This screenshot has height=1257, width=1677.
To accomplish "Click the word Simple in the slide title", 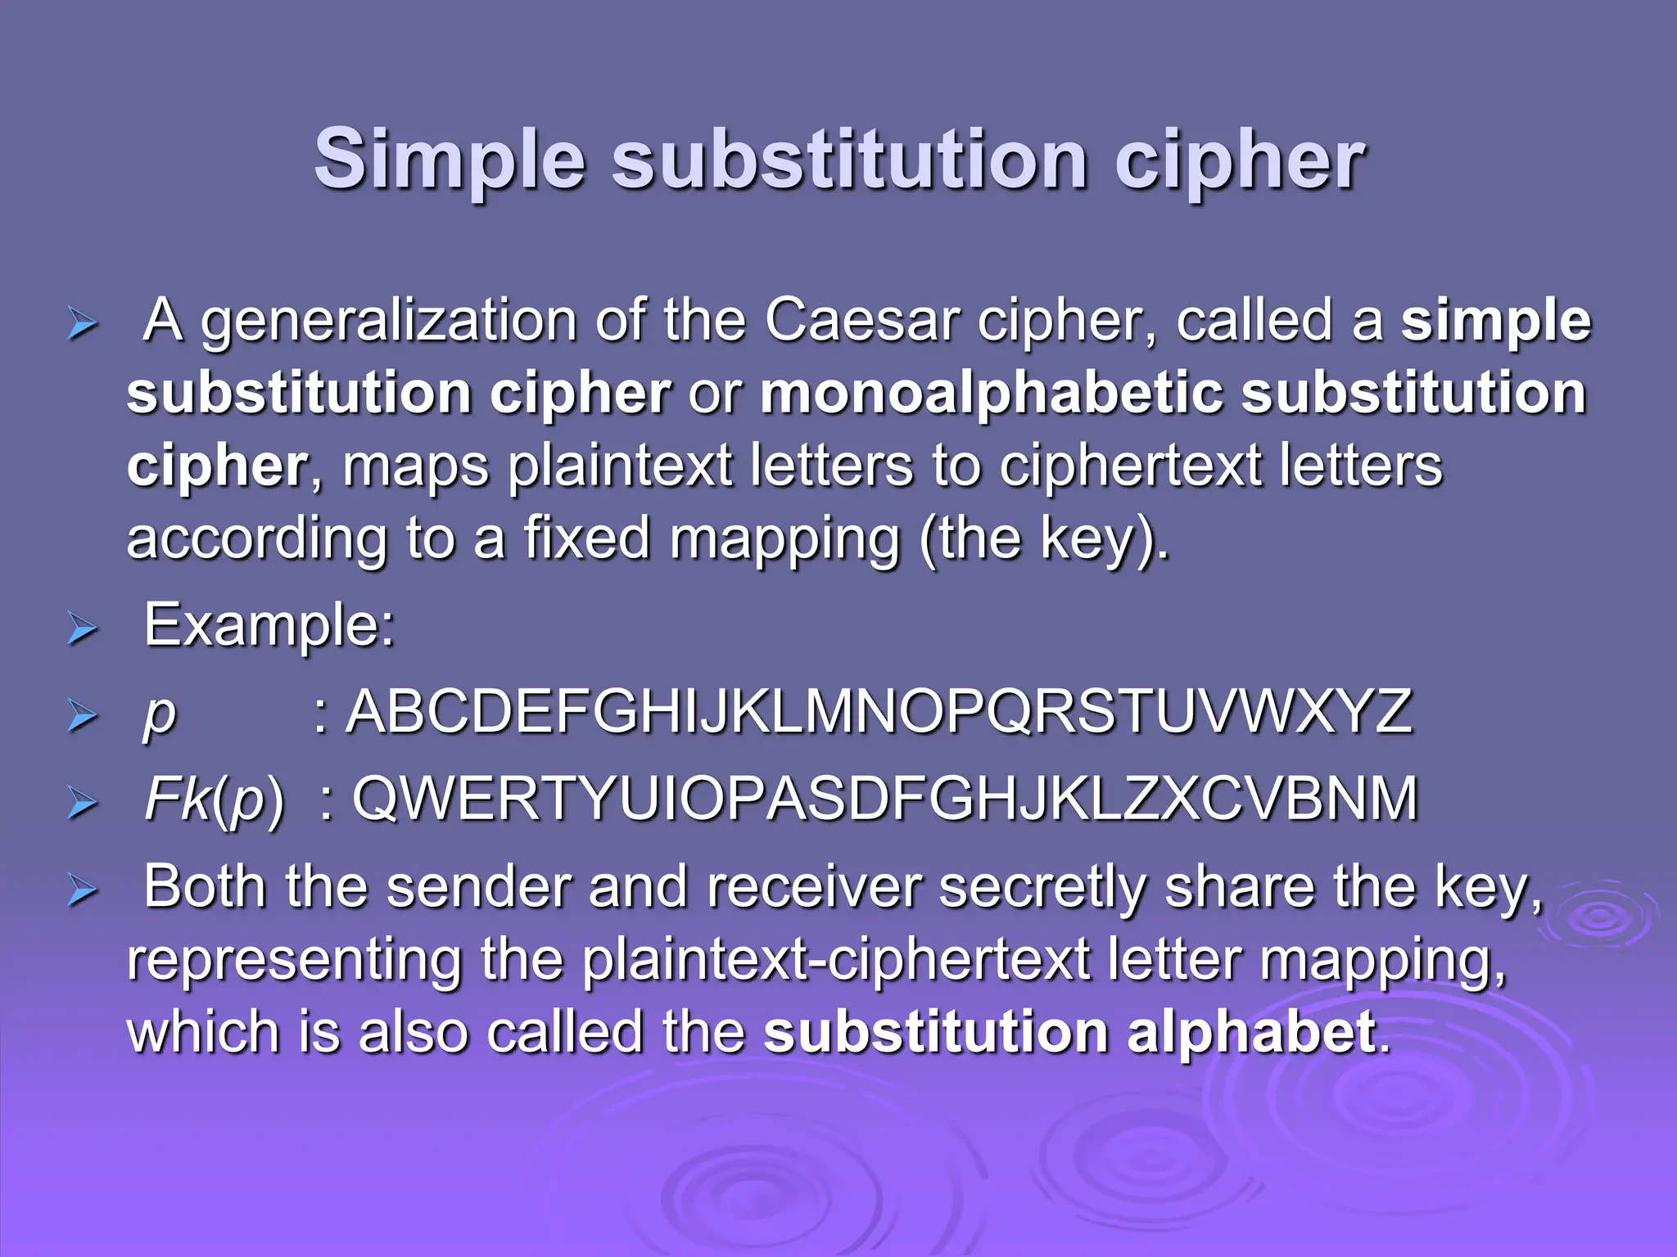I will (450, 160).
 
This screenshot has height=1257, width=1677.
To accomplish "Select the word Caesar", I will (862, 321).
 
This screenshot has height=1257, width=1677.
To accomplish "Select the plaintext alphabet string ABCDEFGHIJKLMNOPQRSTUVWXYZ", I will (880, 712).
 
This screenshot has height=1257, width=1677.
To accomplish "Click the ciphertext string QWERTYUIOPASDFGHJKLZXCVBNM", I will (884, 799).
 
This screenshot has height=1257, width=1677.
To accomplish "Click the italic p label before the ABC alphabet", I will (160, 715).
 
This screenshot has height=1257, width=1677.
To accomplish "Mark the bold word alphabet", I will (1251, 1033).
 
